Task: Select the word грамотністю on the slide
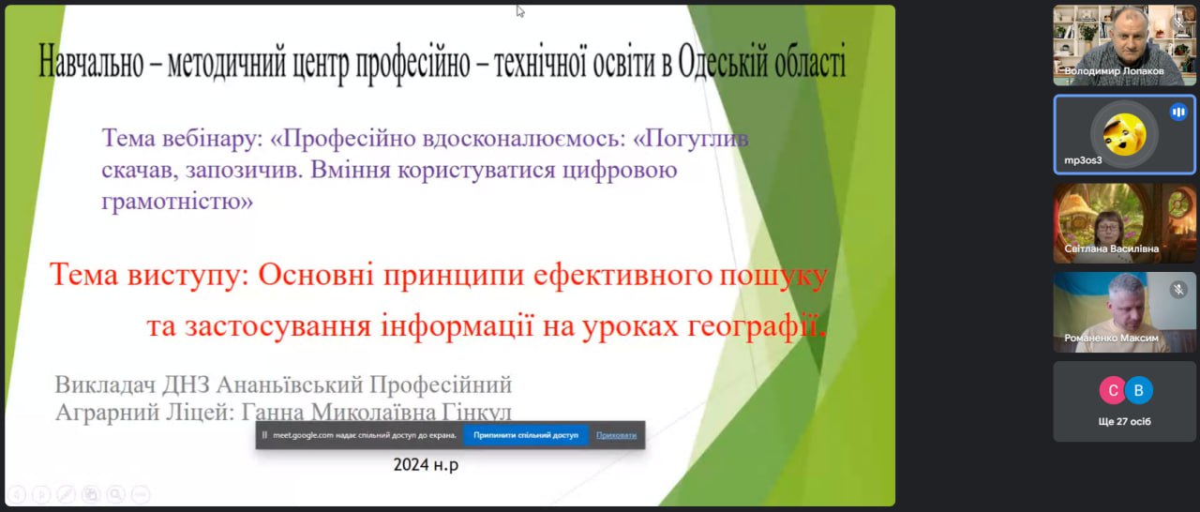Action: pos(177,203)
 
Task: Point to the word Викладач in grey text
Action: pos(105,385)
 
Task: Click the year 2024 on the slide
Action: pos(411,464)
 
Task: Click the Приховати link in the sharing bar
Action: pos(616,435)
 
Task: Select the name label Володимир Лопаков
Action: pos(1114,70)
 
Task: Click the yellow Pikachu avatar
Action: pos(1124,134)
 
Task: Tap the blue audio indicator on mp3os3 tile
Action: pos(1178,112)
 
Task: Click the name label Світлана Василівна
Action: pos(1111,248)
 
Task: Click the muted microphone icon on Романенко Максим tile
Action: pos(1178,290)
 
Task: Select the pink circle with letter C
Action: pos(1112,390)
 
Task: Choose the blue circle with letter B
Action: pos(1138,390)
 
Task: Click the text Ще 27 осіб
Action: pos(1124,421)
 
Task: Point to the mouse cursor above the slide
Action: pos(520,11)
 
